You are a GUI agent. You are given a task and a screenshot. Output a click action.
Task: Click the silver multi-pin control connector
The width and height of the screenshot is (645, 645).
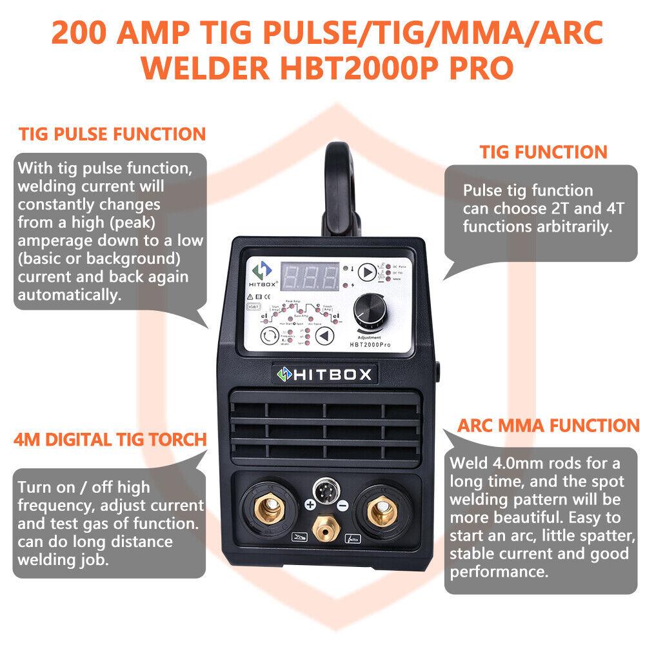[325, 490]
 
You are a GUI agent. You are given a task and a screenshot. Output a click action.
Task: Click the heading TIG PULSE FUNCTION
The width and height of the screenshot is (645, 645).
[112, 135]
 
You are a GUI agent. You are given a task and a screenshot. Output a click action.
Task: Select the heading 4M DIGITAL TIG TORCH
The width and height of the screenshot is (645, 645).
[110, 440]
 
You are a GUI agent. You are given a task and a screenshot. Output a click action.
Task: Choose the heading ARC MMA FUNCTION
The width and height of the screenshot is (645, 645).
[548, 426]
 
